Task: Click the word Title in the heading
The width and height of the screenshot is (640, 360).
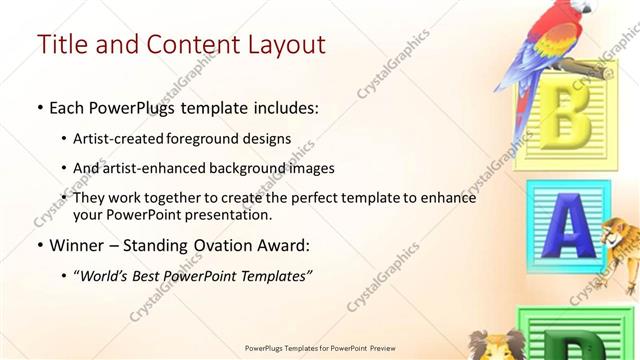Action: tap(61, 45)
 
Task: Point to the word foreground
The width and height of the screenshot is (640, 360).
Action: tap(224, 138)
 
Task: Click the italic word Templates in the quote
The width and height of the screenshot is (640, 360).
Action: tap(275, 276)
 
